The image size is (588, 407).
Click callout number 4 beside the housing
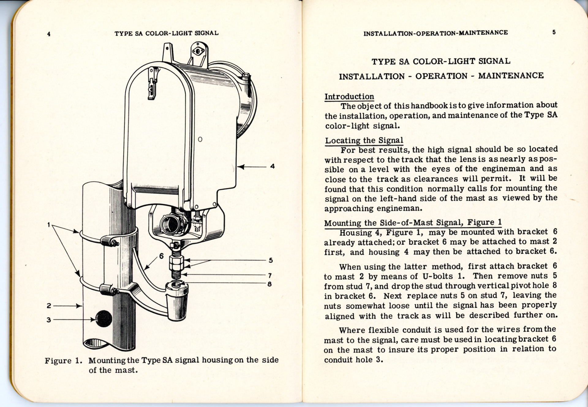[272, 167]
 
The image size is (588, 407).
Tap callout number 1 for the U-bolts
[49, 225]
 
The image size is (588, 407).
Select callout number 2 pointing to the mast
[49, 306]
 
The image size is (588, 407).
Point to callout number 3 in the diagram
[49, 320]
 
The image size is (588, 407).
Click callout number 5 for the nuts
[271, 260]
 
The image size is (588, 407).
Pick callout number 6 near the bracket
[161, 256]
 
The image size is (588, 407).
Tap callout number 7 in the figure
[270, 275]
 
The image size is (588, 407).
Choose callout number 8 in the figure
[269, 284]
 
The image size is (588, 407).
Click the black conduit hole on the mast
[104, 318]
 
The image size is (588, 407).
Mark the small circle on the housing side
[200, 139]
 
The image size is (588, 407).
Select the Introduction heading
[349, 97]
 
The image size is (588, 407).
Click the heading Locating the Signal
[364, 141]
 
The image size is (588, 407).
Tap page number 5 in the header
[554, 32]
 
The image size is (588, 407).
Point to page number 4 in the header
[49, 34]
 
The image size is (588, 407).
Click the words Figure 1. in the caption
[63, 360]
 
